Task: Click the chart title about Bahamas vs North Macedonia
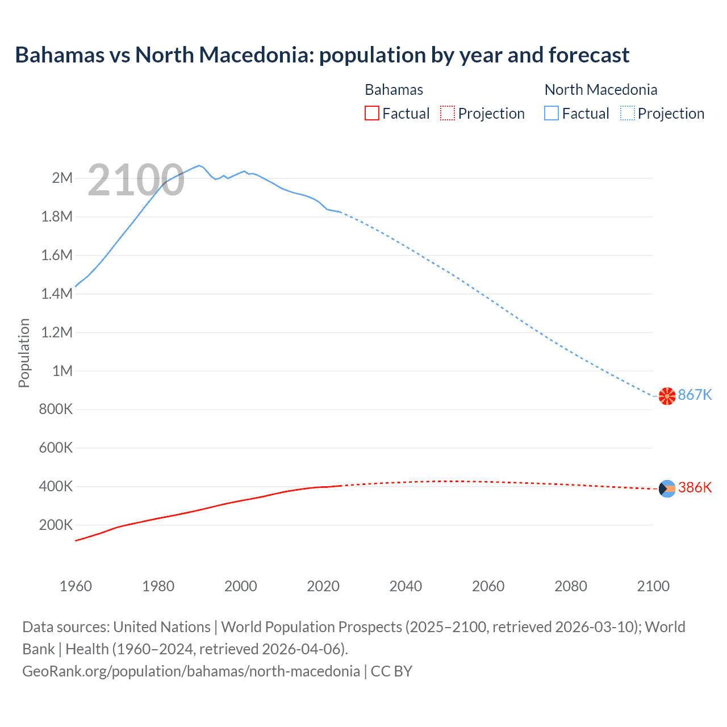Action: [x=322, y=55]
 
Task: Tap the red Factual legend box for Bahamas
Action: [x=372, y=114]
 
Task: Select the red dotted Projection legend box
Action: [x=448, y=114]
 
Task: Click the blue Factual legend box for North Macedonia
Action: [x=551, y=114]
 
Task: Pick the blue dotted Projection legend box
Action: [x=628, y=114]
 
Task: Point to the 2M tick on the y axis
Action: [x=62, y=178]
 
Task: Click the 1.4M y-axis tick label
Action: [x=57, y=294]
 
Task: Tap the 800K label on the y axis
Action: [x=56, y=410]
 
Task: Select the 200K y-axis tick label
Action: [x=56, y=525]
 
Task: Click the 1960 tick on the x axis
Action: [x=76, y=586]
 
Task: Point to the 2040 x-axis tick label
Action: [x=406, y=586]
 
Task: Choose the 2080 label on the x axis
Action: [x=570, y=586]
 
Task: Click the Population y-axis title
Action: [x=24, y=353]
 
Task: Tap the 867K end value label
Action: [x=695, y=395]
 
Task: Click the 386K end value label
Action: [x=695, y=488]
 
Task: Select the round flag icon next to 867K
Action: [x=667, y=396]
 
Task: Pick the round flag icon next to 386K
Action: [x=667, y=488]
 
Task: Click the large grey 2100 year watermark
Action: [x=136, y=180]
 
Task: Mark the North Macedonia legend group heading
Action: [x=600, y=90]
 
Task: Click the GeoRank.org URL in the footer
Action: [x=191, y=671]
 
